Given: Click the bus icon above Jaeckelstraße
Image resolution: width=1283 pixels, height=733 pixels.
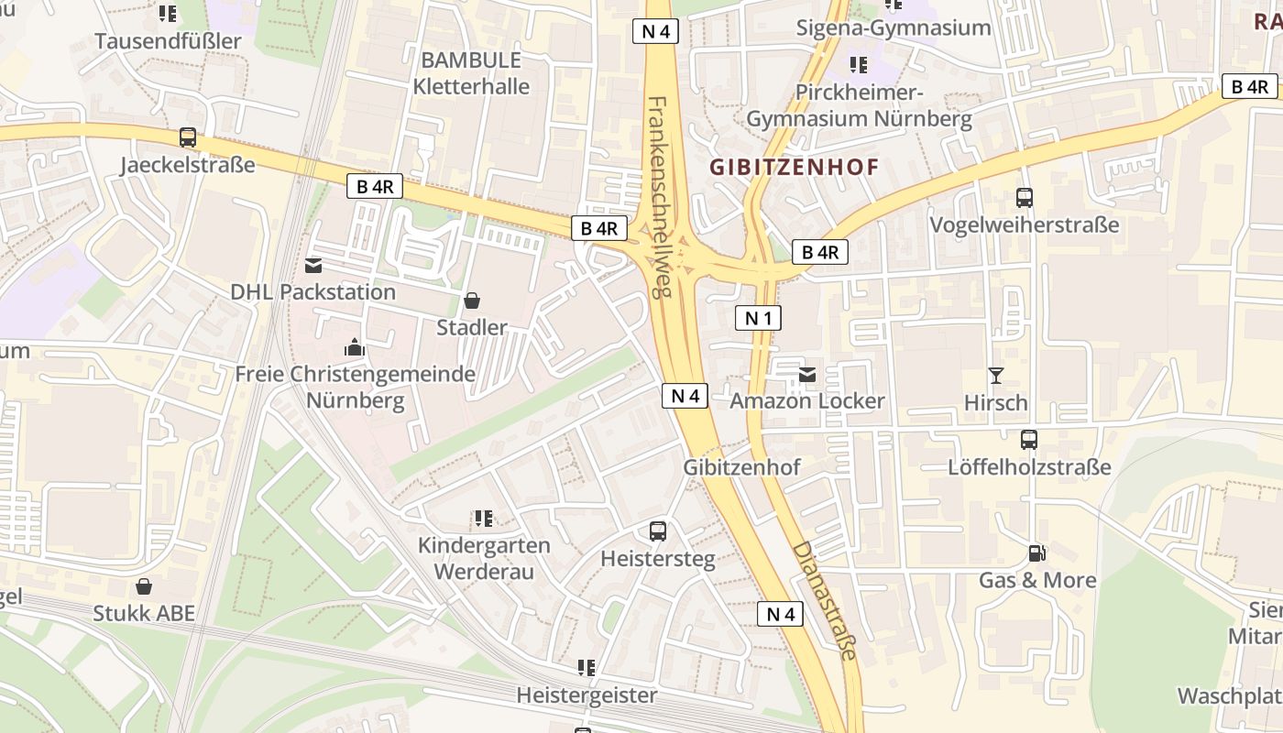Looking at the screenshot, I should tap(188, 137).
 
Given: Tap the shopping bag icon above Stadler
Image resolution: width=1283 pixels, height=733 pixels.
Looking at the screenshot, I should tap(472, 300).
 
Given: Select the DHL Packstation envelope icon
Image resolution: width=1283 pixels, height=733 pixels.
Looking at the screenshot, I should tap(313, 266).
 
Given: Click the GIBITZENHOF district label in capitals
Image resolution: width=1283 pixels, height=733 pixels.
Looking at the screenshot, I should tap(795, 167).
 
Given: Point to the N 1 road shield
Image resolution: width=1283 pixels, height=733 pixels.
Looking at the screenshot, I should tap(758, 318).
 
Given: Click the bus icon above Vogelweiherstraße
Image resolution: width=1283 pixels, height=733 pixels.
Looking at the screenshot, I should tap(1025, 197).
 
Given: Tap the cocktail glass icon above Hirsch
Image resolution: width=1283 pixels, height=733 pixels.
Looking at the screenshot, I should tap(996, 375).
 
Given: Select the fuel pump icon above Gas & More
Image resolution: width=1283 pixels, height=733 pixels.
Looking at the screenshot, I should tap(1036, 552).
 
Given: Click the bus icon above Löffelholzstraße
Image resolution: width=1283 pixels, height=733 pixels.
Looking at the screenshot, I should tap(1029, 439).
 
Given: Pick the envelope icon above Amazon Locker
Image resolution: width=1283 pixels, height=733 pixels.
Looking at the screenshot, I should tap(807, 374).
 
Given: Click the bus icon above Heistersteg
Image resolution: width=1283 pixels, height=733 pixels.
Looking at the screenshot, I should tap(658, 531).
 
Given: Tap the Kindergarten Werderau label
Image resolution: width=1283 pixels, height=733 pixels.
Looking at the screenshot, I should tap(484, 558).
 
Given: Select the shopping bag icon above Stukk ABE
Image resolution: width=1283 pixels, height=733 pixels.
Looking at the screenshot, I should tap(144, 585).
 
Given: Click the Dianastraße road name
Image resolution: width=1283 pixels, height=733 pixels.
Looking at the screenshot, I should tap(825, 600).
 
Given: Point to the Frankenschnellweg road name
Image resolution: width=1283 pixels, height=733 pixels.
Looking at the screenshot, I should tap(661, 196).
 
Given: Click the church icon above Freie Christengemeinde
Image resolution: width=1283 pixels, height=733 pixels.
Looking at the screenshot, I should tap(355, 347).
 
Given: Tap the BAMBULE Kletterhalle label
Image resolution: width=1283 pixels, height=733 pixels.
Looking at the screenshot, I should tap(471, 73).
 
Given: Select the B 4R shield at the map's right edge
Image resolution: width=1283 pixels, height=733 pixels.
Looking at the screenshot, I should tap(1249, 87).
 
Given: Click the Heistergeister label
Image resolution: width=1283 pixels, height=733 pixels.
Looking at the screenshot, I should tap(587, 695).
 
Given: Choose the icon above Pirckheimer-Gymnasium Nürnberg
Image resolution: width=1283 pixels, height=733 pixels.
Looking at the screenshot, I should tap(859, 65).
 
